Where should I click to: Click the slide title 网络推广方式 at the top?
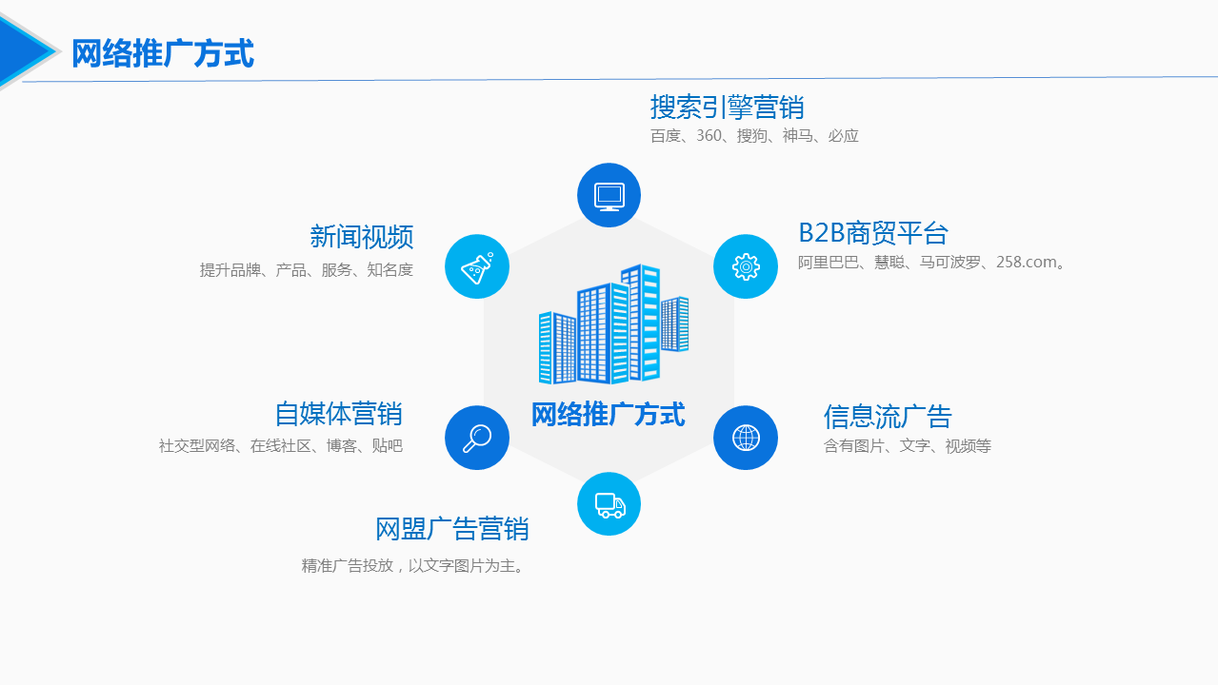pyautogui.click(x=163, y=53)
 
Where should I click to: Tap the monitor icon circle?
pyautogui.click(x=609, y=195)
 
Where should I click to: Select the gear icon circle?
pyautogui.click(x=746, y=266)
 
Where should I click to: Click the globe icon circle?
pyautogui.click(x=746, y=438)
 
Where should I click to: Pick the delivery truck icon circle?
pyautogui.click(x=609, y=504)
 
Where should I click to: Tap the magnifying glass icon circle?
pyautogui.click(x=477, y=438)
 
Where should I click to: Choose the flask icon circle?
pyautogui.click(x=477, y=266)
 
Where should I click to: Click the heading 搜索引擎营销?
pyautogui.click(x=727, y=107)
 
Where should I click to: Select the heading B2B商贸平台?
pyautogui.click(x=873, y=233)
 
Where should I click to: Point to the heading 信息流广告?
pyautogui.click(x=888, y=417)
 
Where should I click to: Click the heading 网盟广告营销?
pyautogui.click(x=451, y=529)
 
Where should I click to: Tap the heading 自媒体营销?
pyautogui.click(x=338, y=414)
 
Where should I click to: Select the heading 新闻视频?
pyautogui.click(x=362, y=237)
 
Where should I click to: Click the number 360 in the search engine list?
pyautogui.click(x=709, y=135)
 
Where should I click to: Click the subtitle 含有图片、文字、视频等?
pyautogui.click(x=907, y=446)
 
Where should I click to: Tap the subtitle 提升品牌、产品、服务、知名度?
pyautogui.click(x=306, y=270)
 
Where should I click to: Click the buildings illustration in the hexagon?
pyautogui.click(x=613, y=324)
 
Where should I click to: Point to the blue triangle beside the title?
pyautogui.click(x=25, y=51)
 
